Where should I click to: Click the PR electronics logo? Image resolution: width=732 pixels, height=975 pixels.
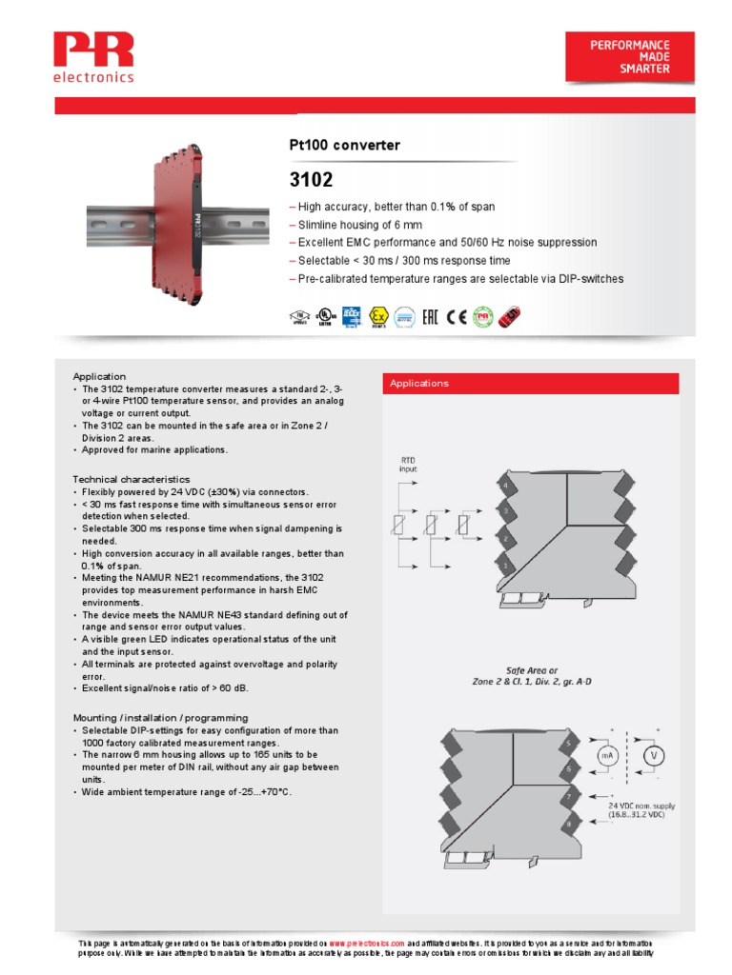pyautogui.click(x=93, y=57)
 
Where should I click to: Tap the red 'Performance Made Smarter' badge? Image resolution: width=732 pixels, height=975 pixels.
pyautogui.click(x=630, y=57)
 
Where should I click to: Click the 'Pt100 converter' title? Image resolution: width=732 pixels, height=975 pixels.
pyautogui.click(x=344, y=146)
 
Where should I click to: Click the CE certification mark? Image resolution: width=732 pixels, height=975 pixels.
pyautogui.click(x=457, y=317)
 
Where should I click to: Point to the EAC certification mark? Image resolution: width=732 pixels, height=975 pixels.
pyautogui.click(x=430, y=317)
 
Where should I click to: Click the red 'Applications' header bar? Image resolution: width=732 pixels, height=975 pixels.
pyautogui.click(x=531, y=383)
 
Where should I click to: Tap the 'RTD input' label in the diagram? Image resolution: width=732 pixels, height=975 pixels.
pyautogui.click(x=407, y=464)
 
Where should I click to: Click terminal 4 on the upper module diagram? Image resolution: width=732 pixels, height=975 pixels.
pyautogui.click(x=504, y=487)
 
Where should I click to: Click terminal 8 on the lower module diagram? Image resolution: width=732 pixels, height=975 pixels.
pyautogui.click(x=568, y=822)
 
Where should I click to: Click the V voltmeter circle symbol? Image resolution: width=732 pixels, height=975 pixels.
pyautogui.click(x=654, y=756)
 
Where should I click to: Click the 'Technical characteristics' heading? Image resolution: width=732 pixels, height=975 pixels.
pyautogui.click(x=131, y=479)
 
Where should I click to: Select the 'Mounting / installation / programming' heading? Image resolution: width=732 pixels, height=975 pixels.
pyautogui.click(x=160, y=717)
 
